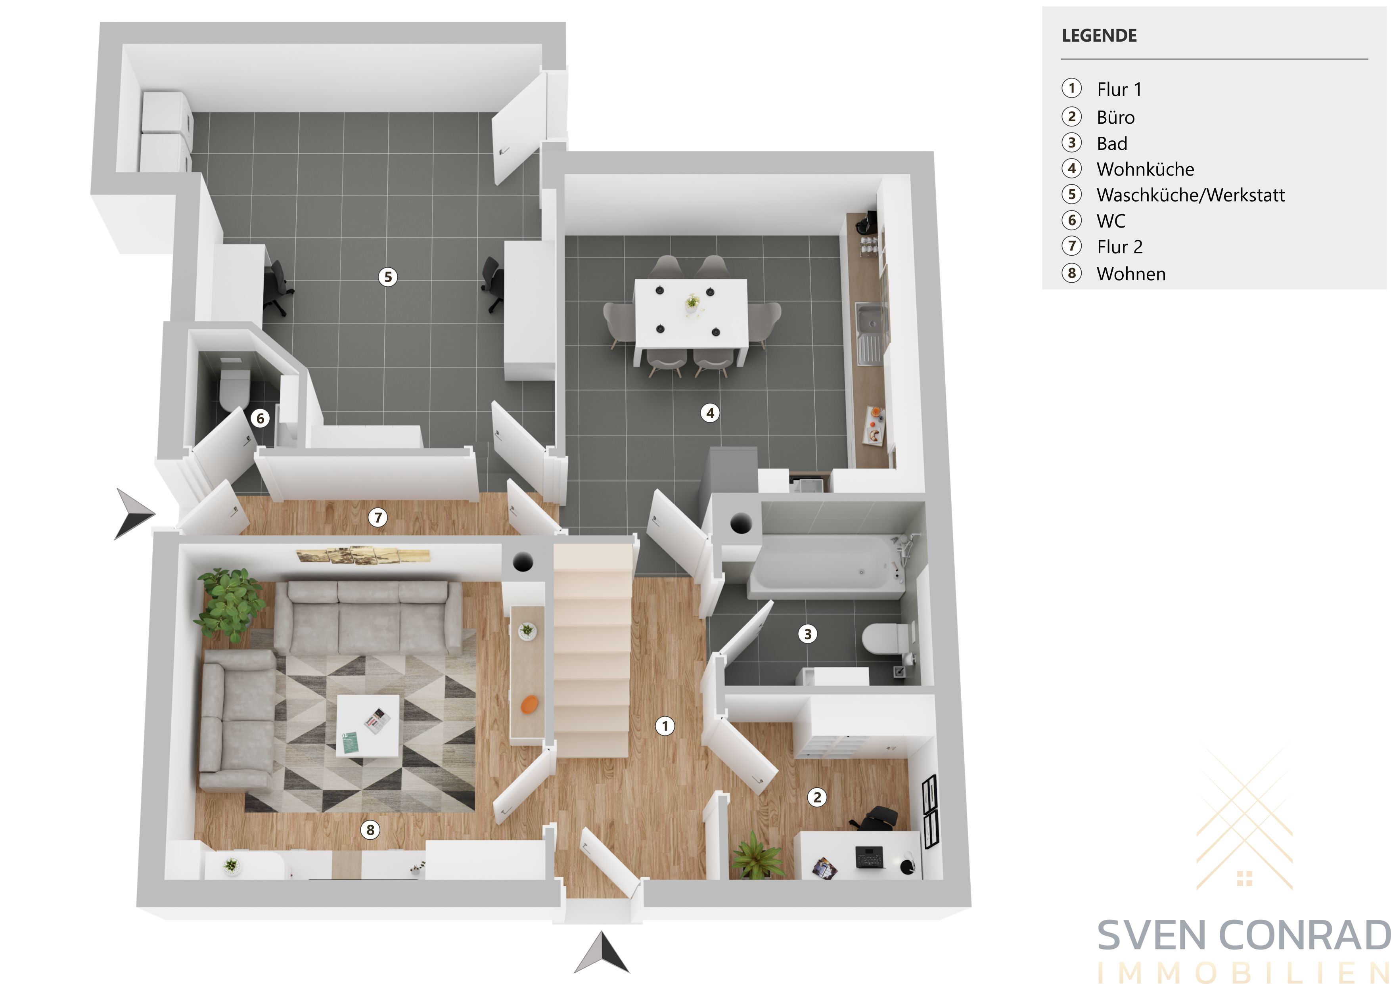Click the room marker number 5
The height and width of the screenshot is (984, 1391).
pos(388,277)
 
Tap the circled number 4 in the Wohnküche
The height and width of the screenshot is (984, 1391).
pos(710,413)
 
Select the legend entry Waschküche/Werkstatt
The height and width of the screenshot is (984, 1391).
pos(1190,195)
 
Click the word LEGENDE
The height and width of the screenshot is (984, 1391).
pos(1099,36)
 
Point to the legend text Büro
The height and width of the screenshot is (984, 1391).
pos(1115,117)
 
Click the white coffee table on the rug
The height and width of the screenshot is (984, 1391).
pos(368,725)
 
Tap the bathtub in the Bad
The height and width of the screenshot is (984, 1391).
pos(828,563)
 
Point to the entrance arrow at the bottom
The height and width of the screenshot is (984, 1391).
pos(601,953)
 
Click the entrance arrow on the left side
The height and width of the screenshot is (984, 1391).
pos(134,513)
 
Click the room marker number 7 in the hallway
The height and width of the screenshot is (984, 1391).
pos(378,517)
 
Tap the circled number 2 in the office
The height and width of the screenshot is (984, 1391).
pos(817,797)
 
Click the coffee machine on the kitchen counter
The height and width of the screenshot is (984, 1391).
pos(867,222)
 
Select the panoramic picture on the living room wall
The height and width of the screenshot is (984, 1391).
pos(363,555)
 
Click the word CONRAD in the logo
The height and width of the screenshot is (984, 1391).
pos(1305,936)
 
